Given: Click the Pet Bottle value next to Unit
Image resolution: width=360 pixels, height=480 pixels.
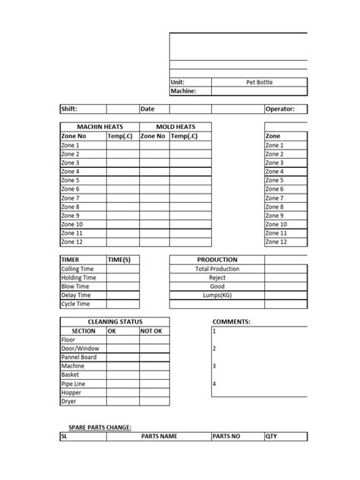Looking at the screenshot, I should pos(259,81).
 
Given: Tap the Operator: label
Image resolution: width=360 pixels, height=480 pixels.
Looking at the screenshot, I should pos(285,109).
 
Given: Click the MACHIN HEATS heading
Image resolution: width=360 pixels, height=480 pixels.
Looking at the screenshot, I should pos(99,127).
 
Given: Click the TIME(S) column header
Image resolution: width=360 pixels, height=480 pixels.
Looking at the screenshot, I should pos(120,260).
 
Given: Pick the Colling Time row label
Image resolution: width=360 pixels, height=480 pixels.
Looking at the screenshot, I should pos(78,269).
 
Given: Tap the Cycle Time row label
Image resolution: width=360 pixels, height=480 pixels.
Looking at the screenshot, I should pos(75,304).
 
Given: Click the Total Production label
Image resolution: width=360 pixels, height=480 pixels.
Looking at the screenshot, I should pos(217,269).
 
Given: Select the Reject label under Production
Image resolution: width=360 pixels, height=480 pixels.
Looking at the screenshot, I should pos(217,278).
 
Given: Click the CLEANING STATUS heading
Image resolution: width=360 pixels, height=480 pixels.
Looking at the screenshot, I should pos(115,322).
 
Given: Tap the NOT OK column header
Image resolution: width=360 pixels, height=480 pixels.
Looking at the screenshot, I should pos(152,331).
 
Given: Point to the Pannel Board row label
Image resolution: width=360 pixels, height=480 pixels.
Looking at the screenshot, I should pos(79,357).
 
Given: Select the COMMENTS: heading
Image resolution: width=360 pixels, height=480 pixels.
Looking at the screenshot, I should pos(232,322).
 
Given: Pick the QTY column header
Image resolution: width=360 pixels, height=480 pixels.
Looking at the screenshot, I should pos(272,437).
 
